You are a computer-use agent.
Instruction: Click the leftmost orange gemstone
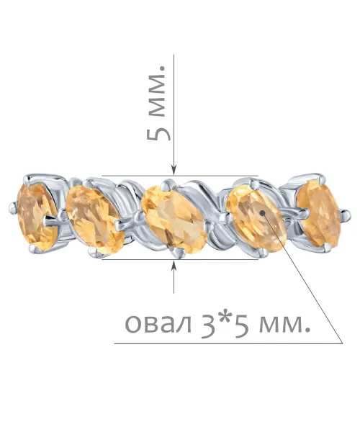tap(37, 217)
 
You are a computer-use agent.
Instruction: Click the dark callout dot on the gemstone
tap(262, 212)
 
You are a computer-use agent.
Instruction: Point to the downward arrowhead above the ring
tap(174, 170)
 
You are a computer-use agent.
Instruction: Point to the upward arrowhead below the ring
tap(174, 265)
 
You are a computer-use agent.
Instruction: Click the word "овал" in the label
tap(158, 323)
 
